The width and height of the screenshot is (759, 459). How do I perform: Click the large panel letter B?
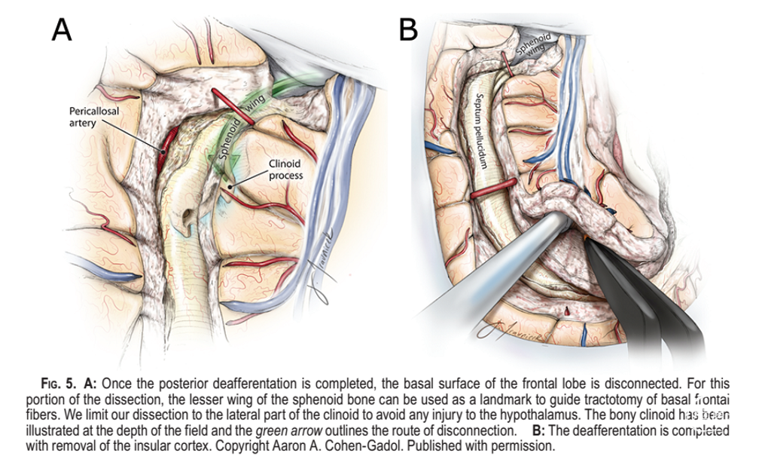[x=407, y=29]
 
